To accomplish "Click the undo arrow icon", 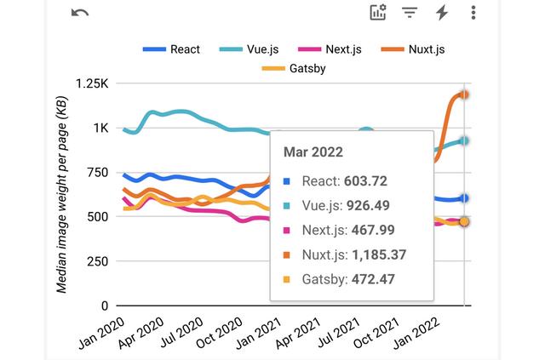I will click(x=79, y=13).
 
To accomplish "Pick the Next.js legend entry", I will click(x=333, y=49).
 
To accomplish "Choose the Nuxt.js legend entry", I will click(x=416, y=49).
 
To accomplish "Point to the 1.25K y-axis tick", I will click(x=92, y=83).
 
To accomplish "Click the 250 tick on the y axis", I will click(x=100, y=261).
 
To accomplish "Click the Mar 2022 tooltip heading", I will click(x=313, y=152).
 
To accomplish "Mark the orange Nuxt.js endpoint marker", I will click(x=465, y=94).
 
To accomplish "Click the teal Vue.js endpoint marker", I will click(x=465, y=140).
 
